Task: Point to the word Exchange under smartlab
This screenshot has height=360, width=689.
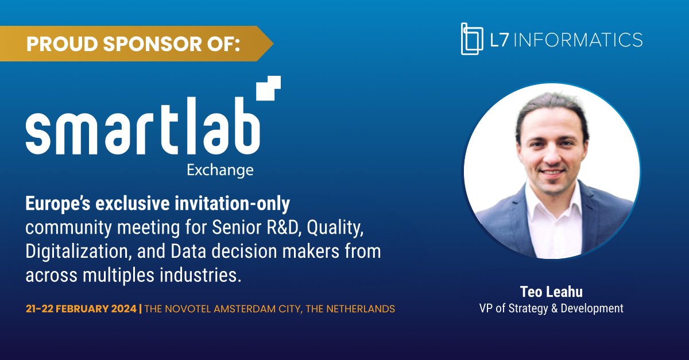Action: (228, 170)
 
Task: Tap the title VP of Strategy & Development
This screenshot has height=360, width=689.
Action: (551, 309)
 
